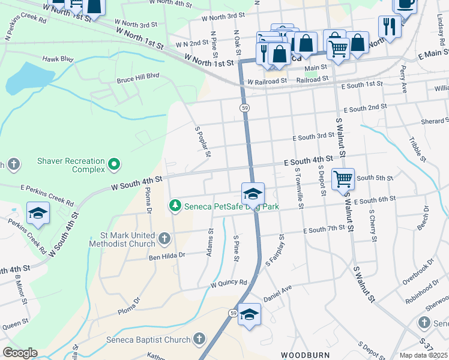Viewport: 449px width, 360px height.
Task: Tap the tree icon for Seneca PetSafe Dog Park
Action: click(175, 206)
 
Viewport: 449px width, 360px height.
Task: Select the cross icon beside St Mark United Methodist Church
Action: click(164, 239)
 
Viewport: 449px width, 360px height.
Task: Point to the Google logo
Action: click(20, 353)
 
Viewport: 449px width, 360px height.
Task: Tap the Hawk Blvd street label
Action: click(57, 59)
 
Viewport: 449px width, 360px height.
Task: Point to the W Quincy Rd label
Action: click(228, 283)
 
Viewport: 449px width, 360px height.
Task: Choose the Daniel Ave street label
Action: click(277, 293)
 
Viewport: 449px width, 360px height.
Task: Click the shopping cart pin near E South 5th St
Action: click(343, 178)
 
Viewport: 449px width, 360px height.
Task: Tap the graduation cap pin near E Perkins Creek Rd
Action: click(38, 213)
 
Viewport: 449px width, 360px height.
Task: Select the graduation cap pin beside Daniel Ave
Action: click(250, 314)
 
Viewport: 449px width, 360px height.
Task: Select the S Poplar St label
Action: click(203, 142)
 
